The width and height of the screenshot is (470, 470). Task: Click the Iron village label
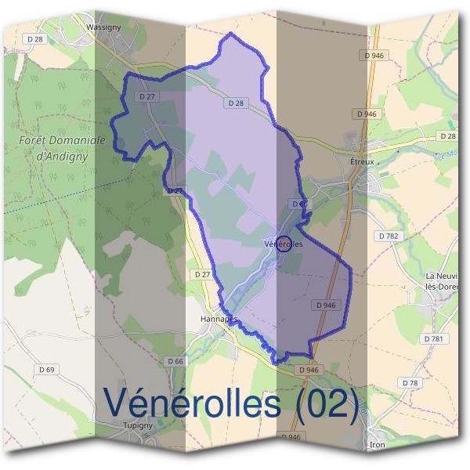click(378, 444)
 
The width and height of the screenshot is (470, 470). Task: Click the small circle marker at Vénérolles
click(285, 244)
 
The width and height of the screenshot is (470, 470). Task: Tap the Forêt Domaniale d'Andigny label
click(60, 147)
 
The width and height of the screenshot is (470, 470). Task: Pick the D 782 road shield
click(389, 236)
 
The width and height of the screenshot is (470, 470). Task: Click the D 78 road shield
click(408, 382)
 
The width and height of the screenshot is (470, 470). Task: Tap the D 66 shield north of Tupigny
click(175, 361)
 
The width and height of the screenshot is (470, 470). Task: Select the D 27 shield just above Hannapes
click(202, 275)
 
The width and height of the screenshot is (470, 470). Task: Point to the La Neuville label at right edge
click(442, 283)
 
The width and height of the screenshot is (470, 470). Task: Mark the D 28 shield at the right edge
click(447, 136)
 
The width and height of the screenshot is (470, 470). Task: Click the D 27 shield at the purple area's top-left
click(144, 96)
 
